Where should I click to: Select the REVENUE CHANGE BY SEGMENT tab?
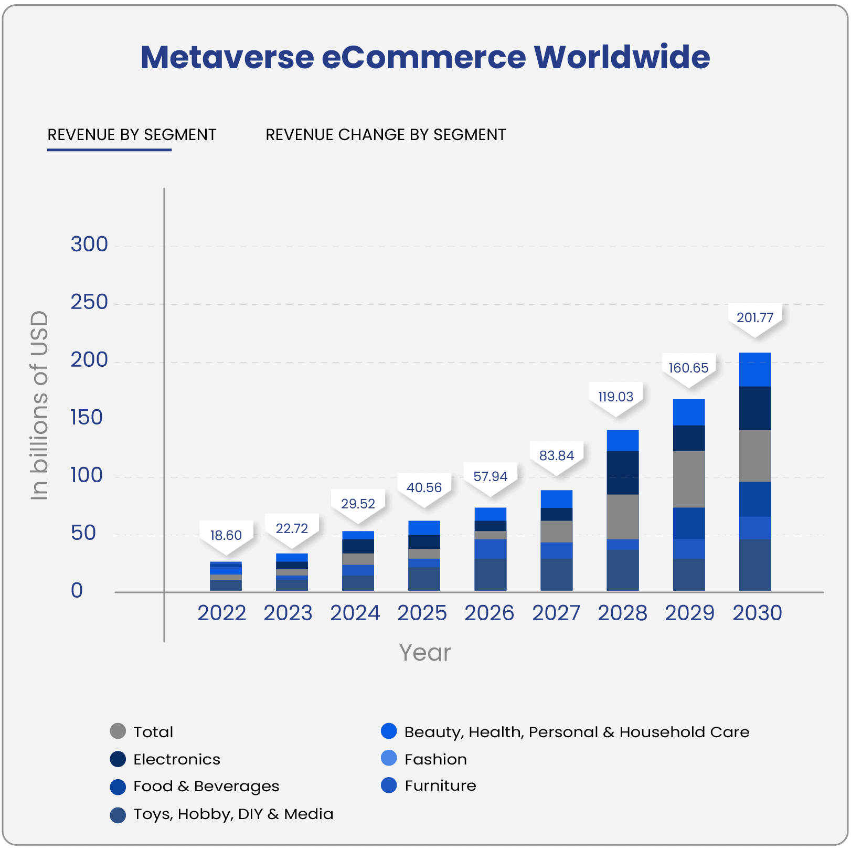click(386, 135)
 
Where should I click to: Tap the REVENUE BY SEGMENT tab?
click(132, 135)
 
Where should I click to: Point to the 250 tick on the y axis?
click(89, 302)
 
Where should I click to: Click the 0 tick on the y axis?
click(77, 591)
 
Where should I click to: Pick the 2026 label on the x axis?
click(489, 613)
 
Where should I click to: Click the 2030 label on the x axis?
click(757, 613)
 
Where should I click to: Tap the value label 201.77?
click(755, 317)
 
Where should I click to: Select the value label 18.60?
click(226, 535)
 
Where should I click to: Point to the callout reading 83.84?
click(557, 455)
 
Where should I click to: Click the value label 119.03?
click(616, 397)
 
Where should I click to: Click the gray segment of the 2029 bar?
click(689, 479)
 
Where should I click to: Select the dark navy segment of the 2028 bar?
click(623, 472)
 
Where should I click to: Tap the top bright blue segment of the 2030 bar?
click(755, 369)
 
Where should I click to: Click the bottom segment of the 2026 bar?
click(491, 575)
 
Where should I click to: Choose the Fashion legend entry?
click(435, 759)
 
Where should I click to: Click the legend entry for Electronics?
click(176, 759)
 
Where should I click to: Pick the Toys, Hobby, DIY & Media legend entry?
click(233, 814)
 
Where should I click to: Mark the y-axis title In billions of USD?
click(40, 405)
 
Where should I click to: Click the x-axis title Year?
click(425, 653)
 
